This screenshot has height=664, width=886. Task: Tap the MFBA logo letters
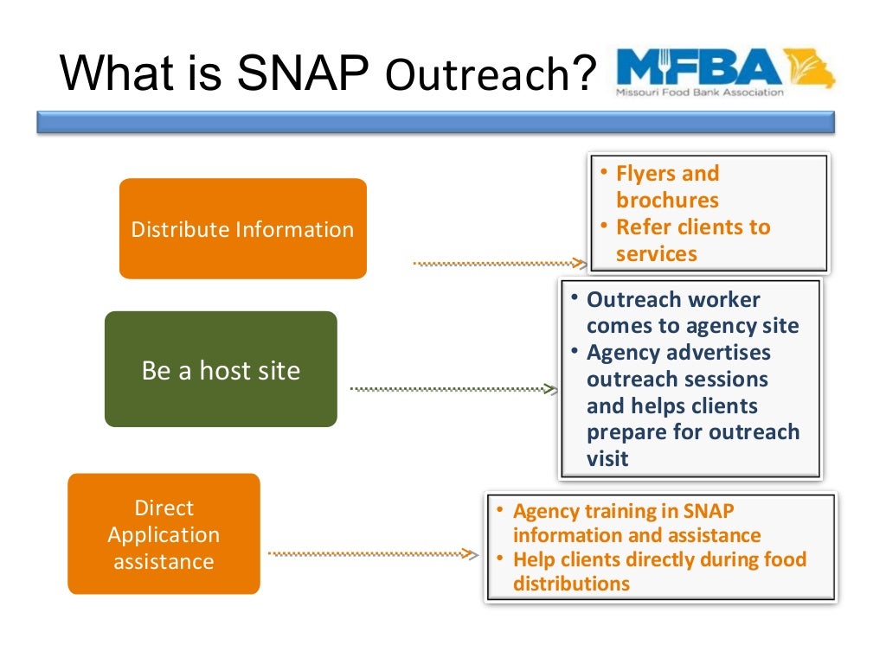coord(698,67)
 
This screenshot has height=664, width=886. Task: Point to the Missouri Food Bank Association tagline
coord(699,92)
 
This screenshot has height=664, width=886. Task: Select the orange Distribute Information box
coord(242,229)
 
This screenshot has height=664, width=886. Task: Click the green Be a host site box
coord(221,370)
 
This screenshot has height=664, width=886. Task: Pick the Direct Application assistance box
coord(164,533)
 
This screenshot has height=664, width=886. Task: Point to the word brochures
coord(667,201)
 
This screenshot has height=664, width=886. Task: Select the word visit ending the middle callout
coord(607,459)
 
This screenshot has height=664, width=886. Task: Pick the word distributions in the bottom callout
coord(571,584)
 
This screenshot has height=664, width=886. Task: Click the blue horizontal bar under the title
coord(435,122)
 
